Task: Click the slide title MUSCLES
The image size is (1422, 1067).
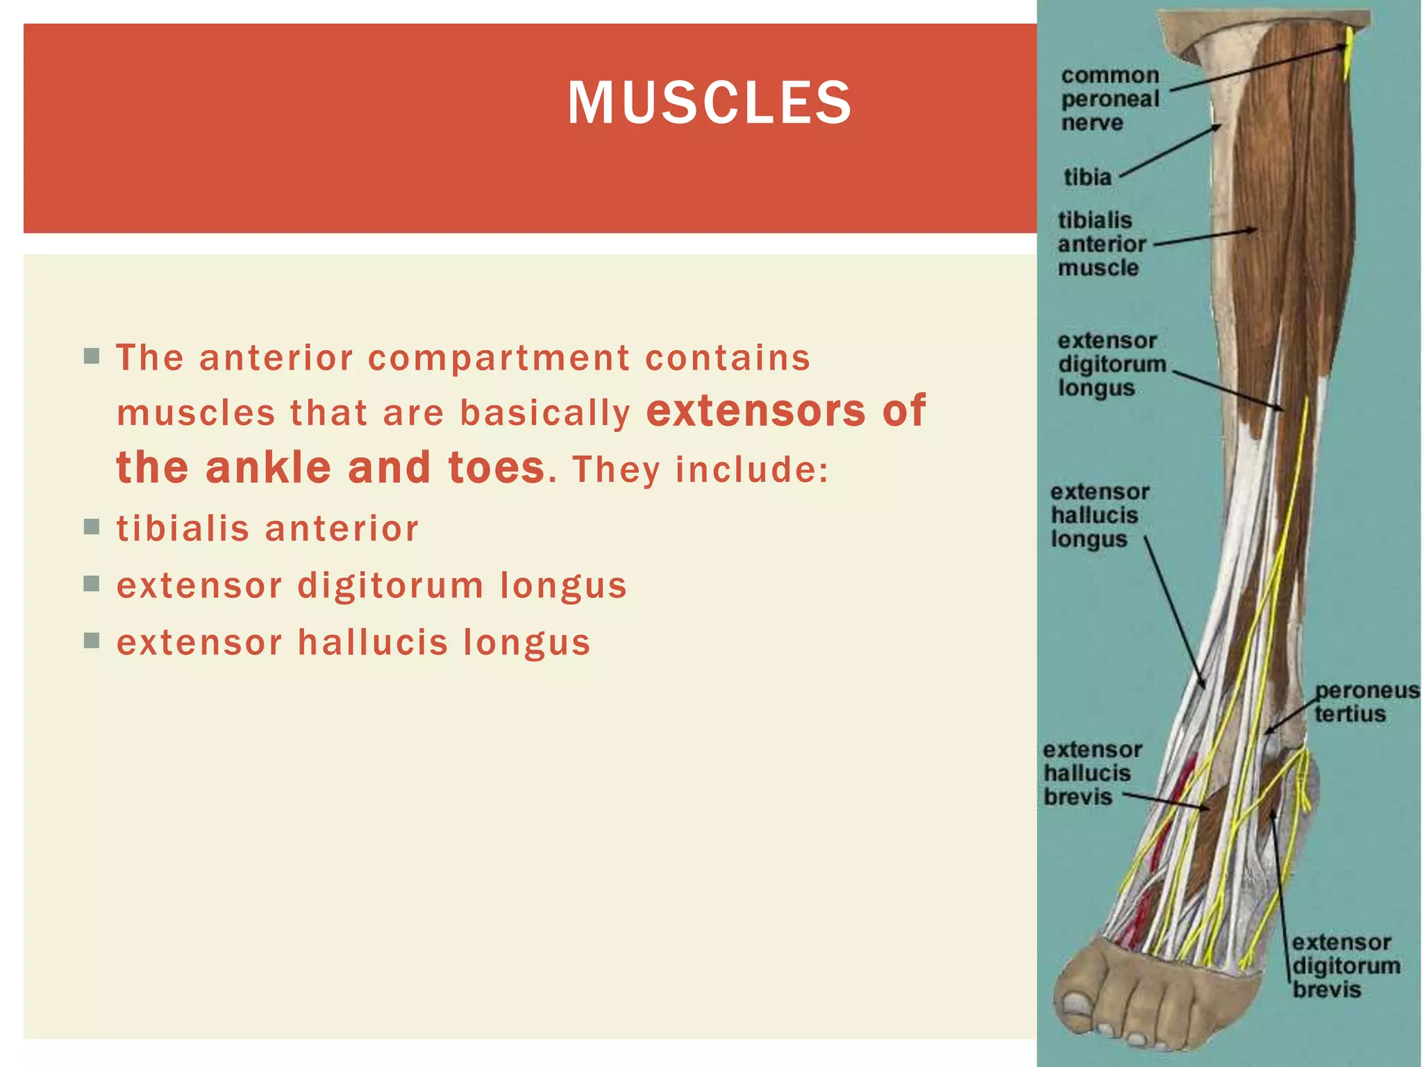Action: coord(709,103)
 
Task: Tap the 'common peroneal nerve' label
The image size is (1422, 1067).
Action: coord(1110,99)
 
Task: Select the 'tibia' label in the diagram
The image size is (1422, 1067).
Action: coord(1087,177)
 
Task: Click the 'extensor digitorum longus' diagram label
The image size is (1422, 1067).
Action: coord(1111,364)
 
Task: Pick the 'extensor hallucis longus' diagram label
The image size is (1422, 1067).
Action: coord(1098,515)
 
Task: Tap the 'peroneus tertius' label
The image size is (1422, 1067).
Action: coord(1366,702)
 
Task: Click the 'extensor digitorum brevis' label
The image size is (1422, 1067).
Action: coord(1345,966)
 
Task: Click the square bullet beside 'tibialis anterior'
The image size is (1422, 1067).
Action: coord(92,527)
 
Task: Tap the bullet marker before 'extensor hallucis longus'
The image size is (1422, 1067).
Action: coord(92,640)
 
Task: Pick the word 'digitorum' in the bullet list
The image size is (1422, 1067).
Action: coord(390,585)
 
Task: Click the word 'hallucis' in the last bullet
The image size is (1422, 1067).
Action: coord(373,642)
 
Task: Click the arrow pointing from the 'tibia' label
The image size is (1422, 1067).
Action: coord(1171,151)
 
